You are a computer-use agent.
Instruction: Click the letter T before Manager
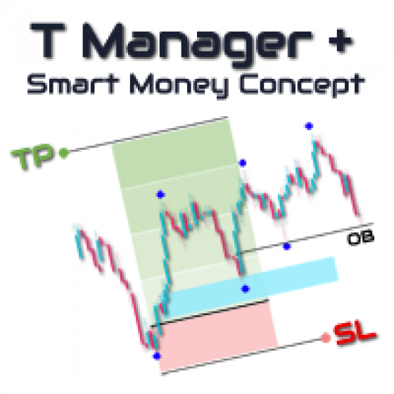[48, 41]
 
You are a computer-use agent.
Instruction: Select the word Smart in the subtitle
[73, 84]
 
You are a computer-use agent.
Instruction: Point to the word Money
[179, 86]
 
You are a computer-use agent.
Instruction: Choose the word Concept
[302, 85]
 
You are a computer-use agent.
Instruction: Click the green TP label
[32, 156]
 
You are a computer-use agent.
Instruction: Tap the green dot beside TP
[64, 153]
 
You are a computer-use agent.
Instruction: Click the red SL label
[355, 334]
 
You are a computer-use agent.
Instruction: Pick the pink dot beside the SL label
[326, 338]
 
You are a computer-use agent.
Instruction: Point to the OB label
[361, 238]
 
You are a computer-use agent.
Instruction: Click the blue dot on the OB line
[287, 246]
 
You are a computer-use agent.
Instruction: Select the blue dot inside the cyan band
[246, 288]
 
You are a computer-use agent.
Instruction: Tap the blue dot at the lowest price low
[157, 356]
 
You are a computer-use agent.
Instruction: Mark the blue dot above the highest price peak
[309, 126]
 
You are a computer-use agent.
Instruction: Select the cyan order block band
[251, 287]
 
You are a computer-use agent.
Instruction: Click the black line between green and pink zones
[210, 312]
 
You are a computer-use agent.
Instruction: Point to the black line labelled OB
[306, 237]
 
